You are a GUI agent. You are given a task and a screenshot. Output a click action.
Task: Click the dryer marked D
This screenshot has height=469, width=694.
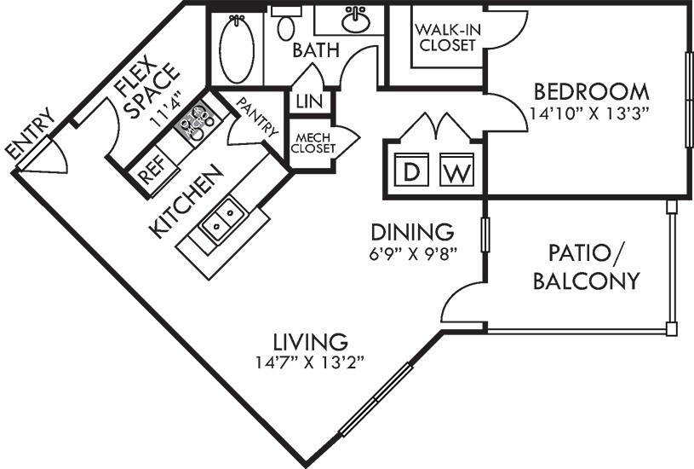click(x=411, y=170)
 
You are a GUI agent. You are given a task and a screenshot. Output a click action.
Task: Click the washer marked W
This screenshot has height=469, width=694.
click(x=456, y=170)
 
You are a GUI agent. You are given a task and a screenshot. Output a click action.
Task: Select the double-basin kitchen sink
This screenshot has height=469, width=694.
click(x=222, y=219)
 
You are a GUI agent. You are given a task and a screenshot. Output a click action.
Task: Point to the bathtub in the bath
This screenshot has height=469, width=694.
click(x=237, y=49)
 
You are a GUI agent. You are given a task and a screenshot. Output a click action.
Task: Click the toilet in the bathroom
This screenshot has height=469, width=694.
click(x=286, y=24)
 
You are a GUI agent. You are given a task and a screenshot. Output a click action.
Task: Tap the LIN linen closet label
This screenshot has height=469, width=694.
click(x=309, y=101)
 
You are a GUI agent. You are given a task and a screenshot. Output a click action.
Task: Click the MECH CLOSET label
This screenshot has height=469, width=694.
click(x=313, y=143)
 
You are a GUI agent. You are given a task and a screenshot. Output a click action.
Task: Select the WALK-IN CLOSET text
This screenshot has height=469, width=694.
click(x=447, y=38)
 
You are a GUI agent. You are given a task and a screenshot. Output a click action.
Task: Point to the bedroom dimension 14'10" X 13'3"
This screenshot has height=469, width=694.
click(x=589, y=113)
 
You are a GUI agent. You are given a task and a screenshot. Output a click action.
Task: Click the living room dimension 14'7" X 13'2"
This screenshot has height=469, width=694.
click(x=310, y=362)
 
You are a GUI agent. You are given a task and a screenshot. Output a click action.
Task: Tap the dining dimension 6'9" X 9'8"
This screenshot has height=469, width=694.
click(x=413, y=253)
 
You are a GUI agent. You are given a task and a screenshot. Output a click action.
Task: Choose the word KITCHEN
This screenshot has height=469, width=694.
click(x=186, y=201)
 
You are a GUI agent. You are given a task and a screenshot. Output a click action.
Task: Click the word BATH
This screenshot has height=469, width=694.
click(x=316, y=50)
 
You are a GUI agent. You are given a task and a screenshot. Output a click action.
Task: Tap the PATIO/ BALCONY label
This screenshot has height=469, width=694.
click(x=587, y=267)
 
